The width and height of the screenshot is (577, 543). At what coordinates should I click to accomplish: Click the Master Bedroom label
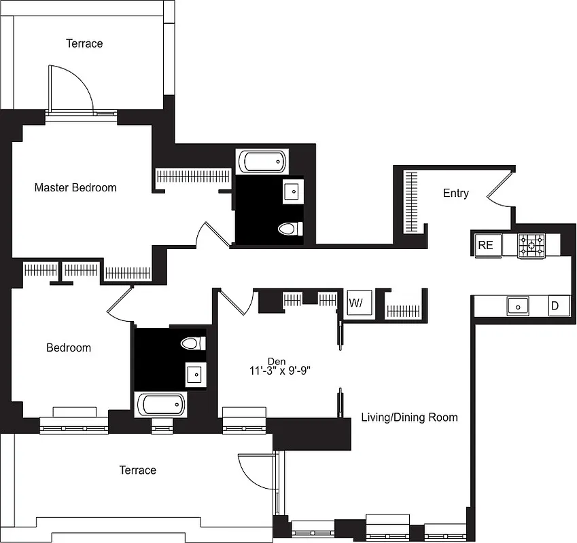[x=75, y=187]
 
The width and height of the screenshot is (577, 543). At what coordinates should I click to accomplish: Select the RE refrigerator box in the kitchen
[x=485, y=245]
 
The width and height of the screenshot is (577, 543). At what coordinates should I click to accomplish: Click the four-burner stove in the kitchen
[x=531, y=245]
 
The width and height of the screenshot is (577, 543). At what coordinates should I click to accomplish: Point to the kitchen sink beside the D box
[x=518, y=306]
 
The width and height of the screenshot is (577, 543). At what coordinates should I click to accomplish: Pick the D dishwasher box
[x=555, y=306]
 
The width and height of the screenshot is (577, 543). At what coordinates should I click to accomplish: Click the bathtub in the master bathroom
[x=262, y=162]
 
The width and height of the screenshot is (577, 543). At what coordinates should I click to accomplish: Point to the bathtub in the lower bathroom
[x=161, y=405]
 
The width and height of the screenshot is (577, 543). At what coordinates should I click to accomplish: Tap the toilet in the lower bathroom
[x=193, y=343]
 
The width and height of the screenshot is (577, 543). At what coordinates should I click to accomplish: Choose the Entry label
[x=455, y=193]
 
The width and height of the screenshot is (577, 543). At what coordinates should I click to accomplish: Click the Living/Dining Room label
[x=408, y=417]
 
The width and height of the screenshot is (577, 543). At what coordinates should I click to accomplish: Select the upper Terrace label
[x=84, y=43]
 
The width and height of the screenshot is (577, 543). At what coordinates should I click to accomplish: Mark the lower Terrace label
[x=137, y=470]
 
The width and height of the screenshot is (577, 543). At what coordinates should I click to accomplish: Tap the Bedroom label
[x=68, y=348]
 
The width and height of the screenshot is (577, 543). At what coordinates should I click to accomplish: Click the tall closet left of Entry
[x=411, y=202]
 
